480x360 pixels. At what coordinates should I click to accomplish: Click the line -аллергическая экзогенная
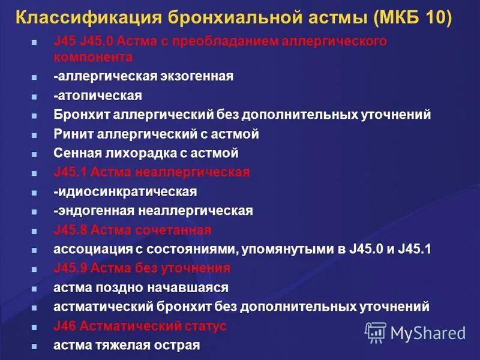[143, 76]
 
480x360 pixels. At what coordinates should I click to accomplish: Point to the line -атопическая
[97, 95]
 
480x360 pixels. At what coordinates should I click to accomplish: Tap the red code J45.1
[71, 172]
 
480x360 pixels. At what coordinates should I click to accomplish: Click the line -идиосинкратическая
[125, 191]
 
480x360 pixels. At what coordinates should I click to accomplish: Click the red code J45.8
[71, 230]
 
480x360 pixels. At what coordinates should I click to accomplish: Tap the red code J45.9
[71, 268]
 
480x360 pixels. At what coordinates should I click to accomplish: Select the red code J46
[63, 326]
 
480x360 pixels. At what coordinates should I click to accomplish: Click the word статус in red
[205, 326]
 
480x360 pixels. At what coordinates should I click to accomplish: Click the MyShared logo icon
[376, 332]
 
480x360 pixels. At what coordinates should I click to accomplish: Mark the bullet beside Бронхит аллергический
[34, 115]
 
